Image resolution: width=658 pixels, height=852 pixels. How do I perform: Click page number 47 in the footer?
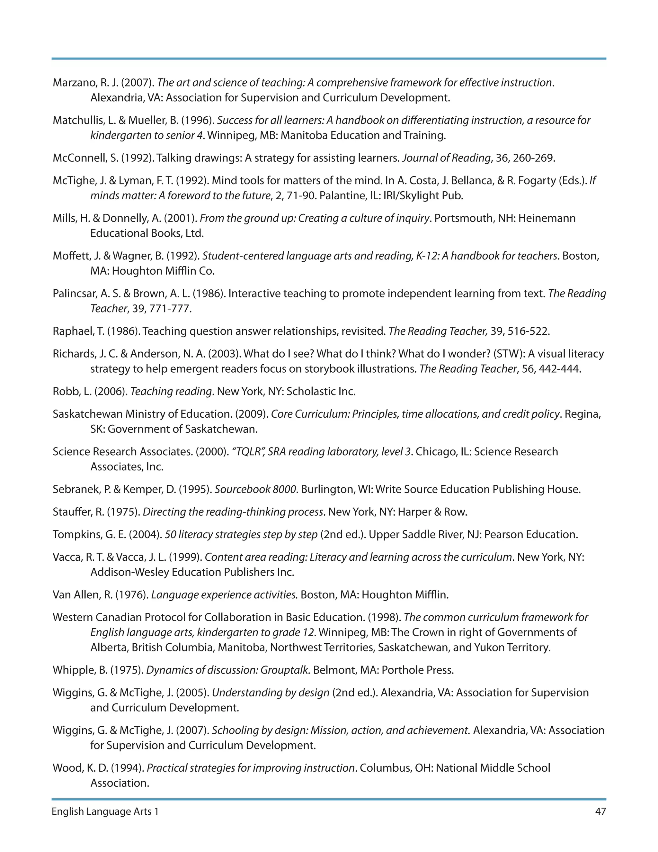click(x=600, y=811)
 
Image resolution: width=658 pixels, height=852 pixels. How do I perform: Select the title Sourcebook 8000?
click(x=255, y=489)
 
